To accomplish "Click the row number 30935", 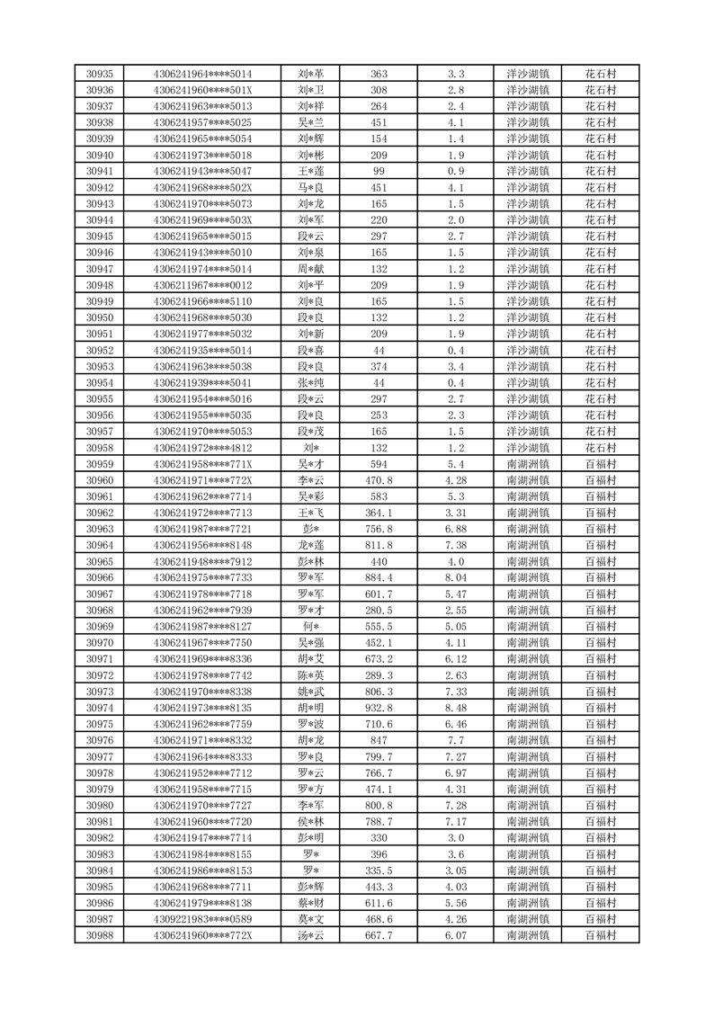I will tap(99, 74).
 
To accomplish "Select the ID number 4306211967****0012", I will tap(202, 285).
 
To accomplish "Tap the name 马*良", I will tap(310, 188).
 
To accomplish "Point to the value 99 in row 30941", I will tap(379, 171).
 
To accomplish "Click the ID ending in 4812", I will tap(202, 448).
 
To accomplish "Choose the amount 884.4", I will tap(379, 577).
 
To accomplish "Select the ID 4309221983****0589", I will tap(202, 919).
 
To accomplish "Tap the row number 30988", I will tap(99, 935).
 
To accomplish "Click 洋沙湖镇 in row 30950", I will tap(529, 317).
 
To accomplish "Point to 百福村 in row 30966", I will tap(601, 577).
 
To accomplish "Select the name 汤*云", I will tap(310, 935).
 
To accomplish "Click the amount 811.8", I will tap(379, 545).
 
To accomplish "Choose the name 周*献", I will tap(310, 269).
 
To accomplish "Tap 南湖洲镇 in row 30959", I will tap(529, 464).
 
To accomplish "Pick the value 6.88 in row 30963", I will tap(455, 529).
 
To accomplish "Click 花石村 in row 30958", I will tap(601, 448).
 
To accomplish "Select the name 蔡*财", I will tap(310, 903).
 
